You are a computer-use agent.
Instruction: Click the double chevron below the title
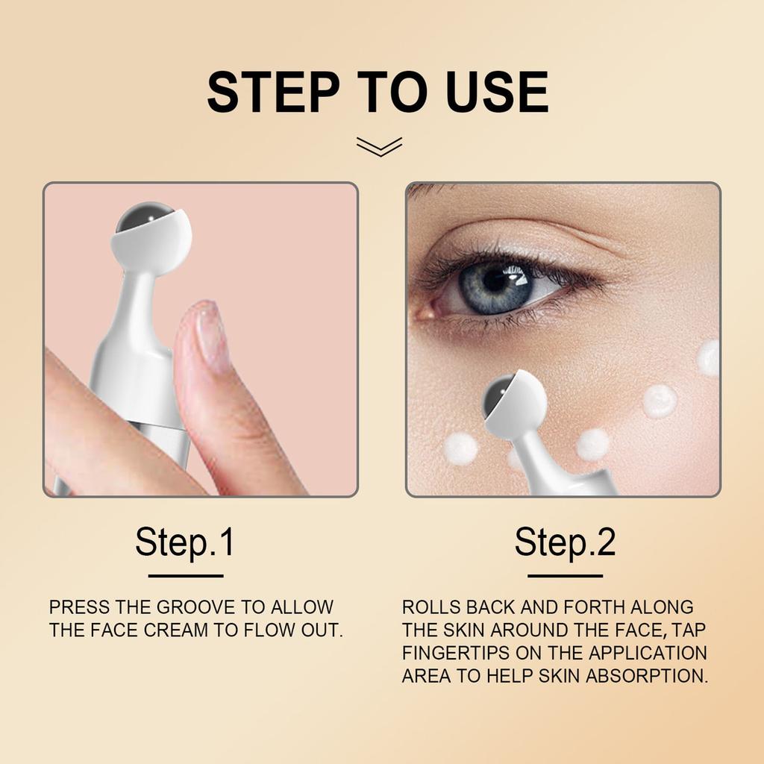379,146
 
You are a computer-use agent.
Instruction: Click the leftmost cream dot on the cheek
460,448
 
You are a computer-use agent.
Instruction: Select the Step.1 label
185,542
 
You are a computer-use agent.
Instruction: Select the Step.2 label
565,542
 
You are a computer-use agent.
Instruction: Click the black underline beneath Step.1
186,575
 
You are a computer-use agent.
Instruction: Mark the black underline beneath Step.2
565,575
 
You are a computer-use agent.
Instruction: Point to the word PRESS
79,607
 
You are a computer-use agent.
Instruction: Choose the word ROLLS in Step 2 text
432,607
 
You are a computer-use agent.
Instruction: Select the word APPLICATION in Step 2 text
648,654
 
